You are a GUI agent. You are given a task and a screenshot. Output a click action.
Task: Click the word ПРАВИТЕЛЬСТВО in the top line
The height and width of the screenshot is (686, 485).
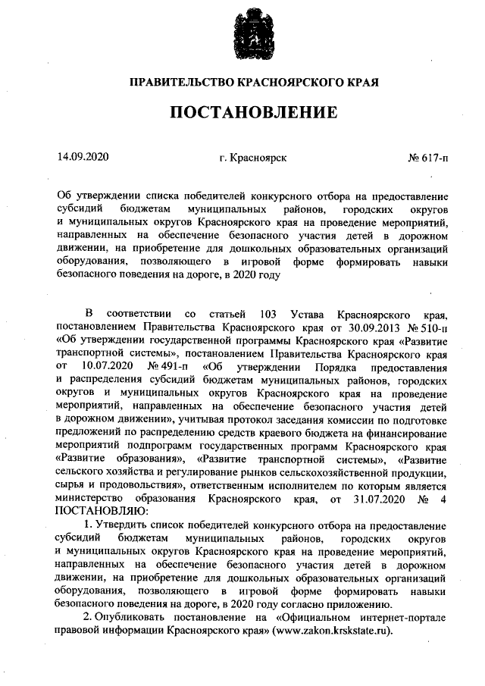tap(179, 80)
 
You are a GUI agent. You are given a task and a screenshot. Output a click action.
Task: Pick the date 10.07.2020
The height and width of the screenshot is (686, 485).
tap(105, 366)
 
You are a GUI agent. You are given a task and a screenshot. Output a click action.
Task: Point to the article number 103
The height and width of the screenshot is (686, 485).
tap(270, 315)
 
